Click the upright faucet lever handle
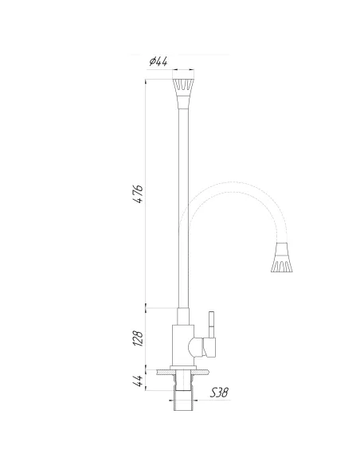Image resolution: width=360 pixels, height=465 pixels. point(212,322)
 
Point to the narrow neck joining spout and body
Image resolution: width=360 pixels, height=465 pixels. point(183,316)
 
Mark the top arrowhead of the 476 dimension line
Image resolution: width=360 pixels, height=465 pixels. point(147,80)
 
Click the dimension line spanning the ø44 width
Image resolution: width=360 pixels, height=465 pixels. point(183,70)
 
